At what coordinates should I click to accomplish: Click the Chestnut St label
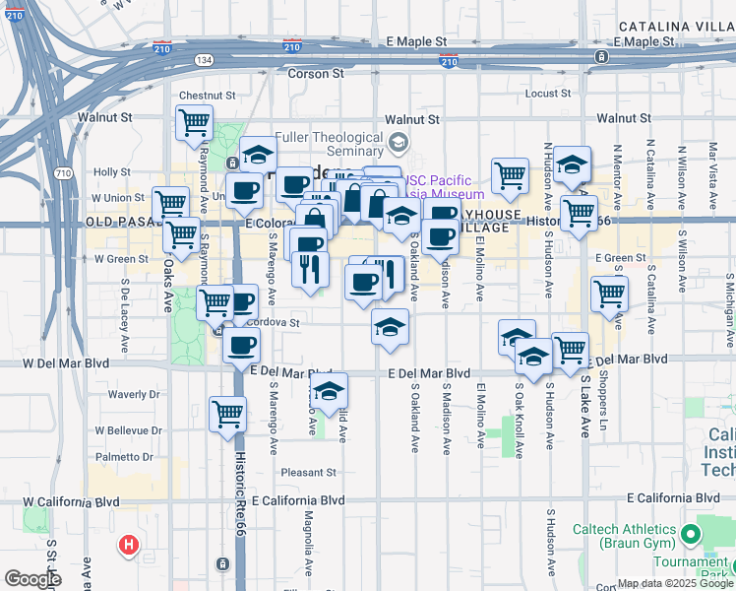pyautogui.click(x=208, y=97)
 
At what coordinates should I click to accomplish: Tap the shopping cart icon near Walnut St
pyautogui.click(x=195, y=123)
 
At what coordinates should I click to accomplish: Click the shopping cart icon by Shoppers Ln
pyautogui.click(x=610, y=293)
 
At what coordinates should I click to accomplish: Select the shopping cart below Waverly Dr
pyautogui.click(x=227, y=412)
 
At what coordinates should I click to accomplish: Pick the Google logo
pyautogui.click(x=31, y=579)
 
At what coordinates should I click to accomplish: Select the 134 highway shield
pyautogui.click(x=204, y=60)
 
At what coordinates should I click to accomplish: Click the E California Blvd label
pyautogui.click(x=297, y=500)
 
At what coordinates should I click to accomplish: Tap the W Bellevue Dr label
pyautogui.click(x=128, y=431)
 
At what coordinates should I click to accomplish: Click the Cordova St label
pyautogui.click(x=276, y=322)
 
